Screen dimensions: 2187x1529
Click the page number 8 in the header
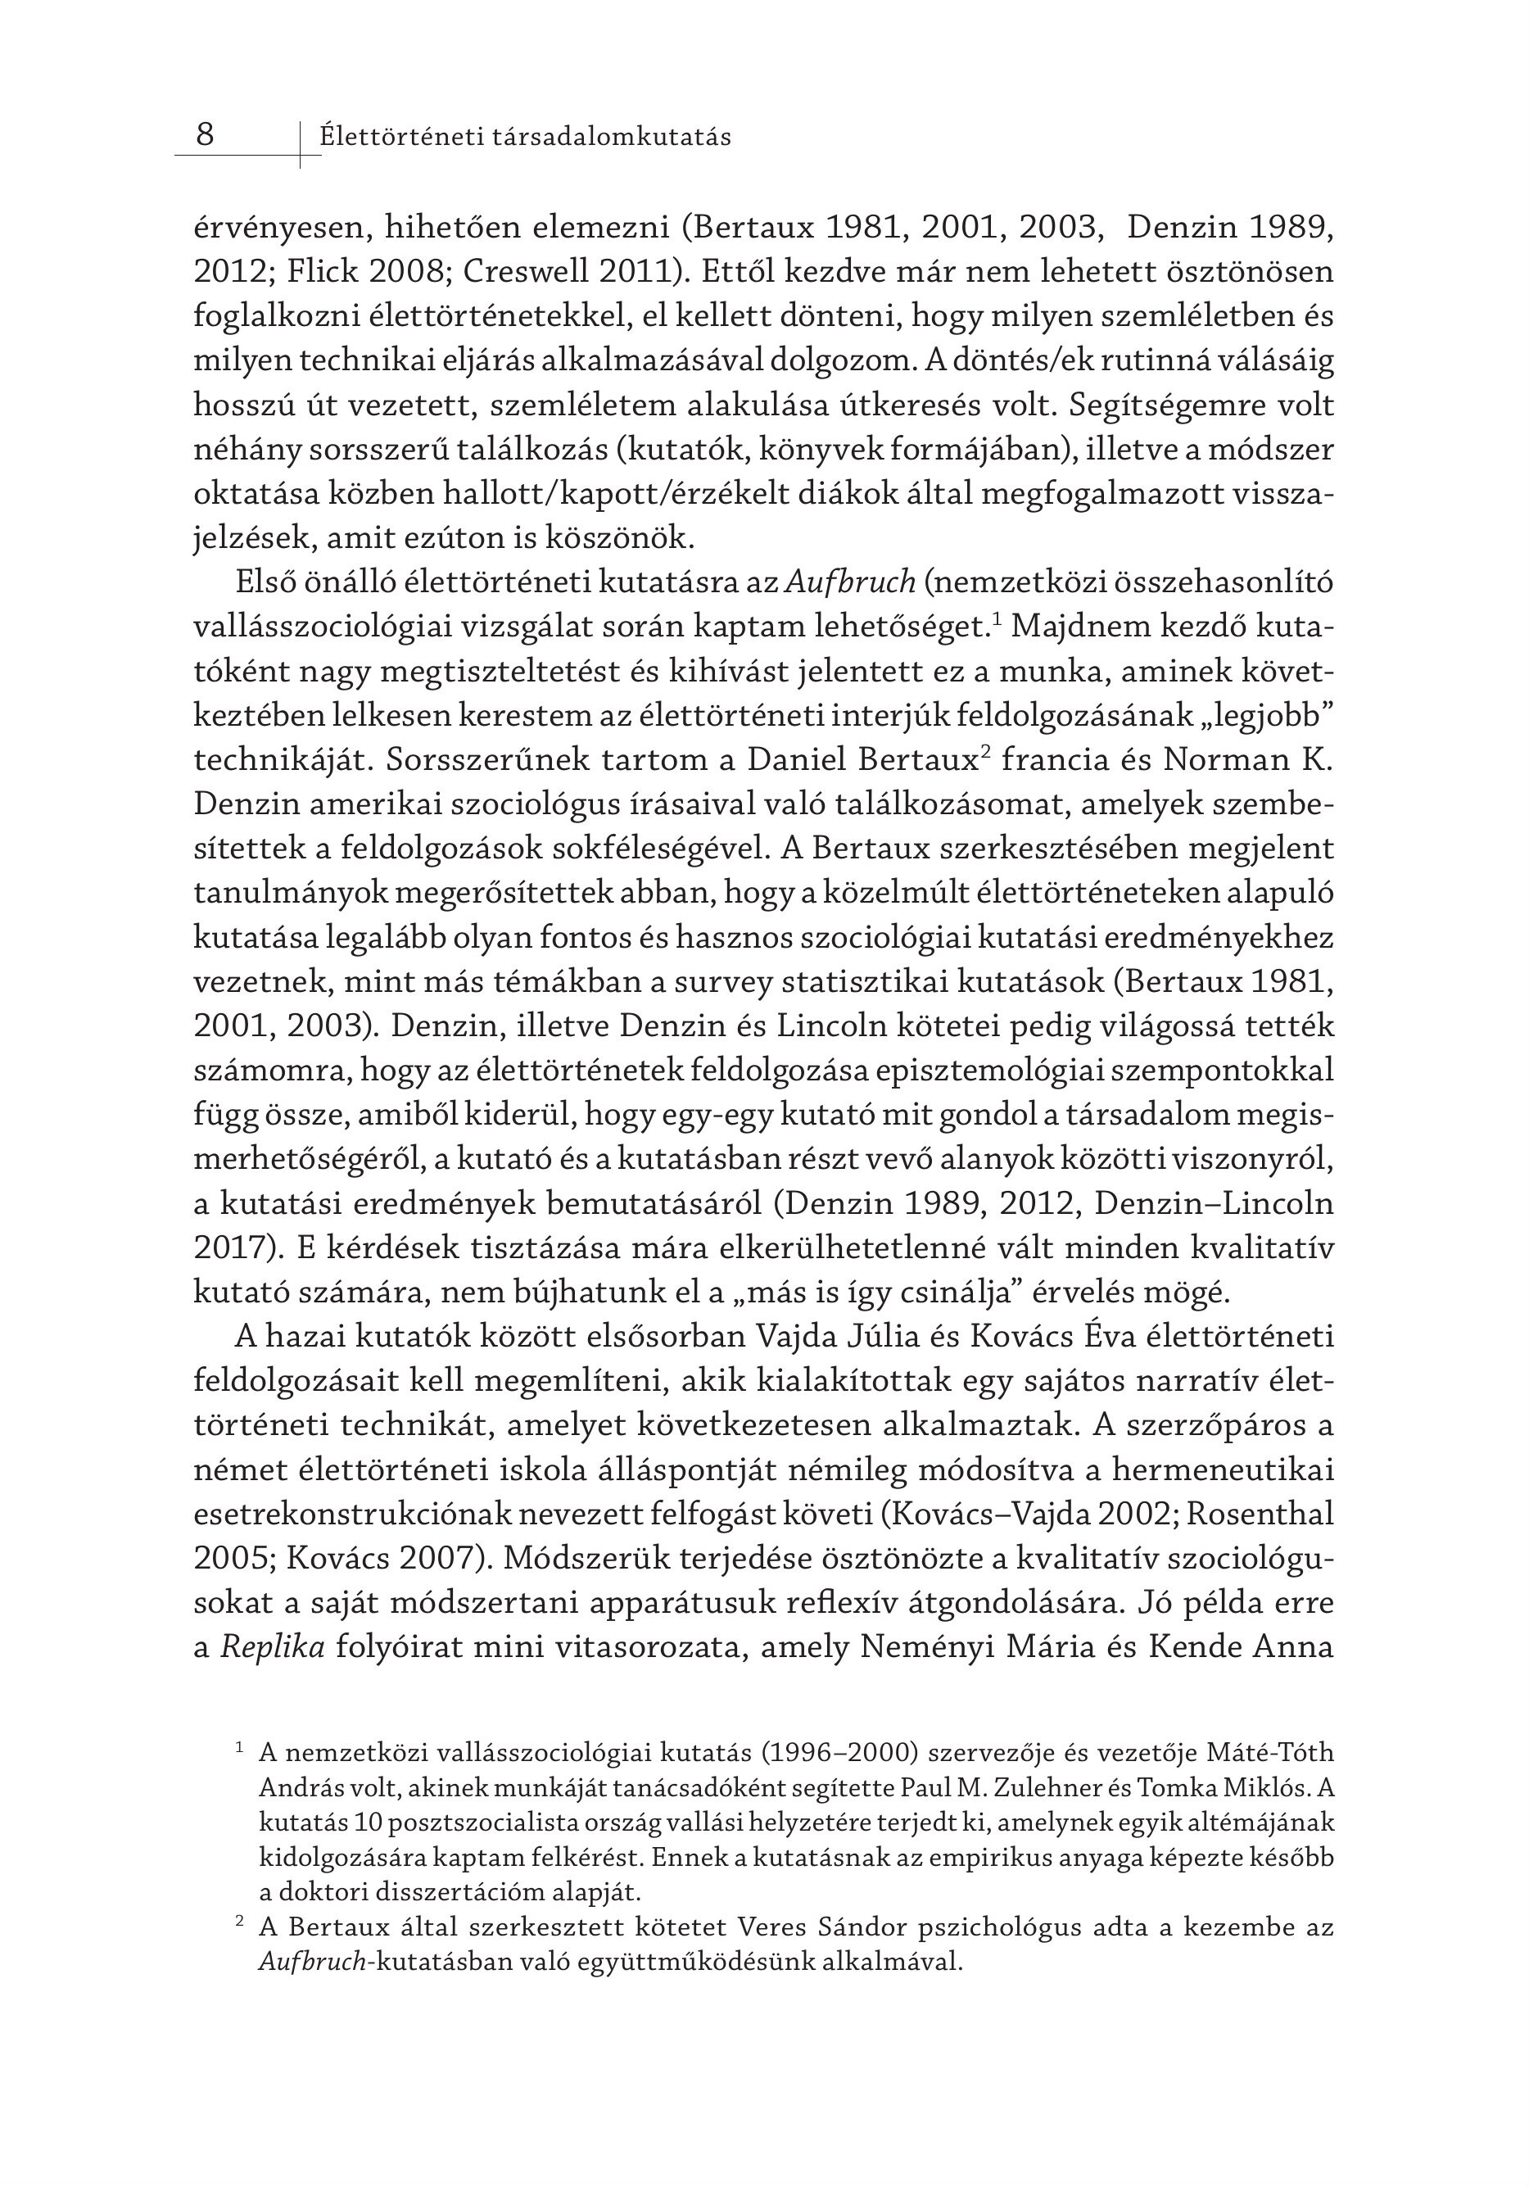tap(205, 135)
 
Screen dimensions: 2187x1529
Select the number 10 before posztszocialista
tap(368, 1823)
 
